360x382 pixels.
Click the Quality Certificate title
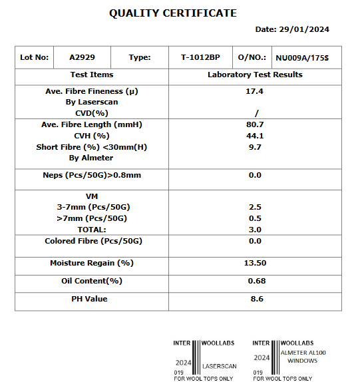[172, 13]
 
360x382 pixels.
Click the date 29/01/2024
[292, 29]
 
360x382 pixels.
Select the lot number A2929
[83, 57]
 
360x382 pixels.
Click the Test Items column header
[92, 75]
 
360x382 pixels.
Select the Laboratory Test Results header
[255, 75]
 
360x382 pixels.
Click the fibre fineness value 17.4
[255, 91]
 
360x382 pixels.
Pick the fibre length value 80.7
[255, 124]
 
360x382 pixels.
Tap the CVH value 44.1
[255, 136]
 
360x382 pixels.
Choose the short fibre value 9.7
[255, 146]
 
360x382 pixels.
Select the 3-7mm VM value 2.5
[255, 207]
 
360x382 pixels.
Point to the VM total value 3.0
[255, 230]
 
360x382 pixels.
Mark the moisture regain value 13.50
[255, 264]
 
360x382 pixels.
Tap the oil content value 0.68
[255, 281]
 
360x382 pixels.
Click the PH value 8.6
[255, 299]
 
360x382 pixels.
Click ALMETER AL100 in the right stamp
[303, 353]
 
